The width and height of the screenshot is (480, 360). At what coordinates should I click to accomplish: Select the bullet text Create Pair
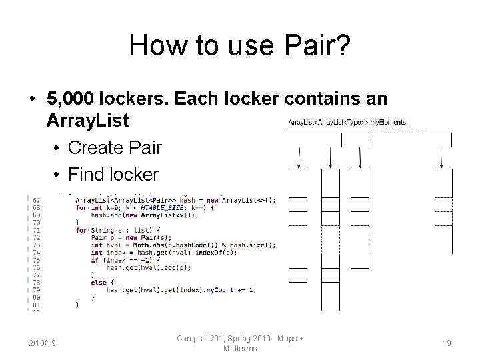click(113, 147)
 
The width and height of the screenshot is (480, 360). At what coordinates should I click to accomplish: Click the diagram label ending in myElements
click(347, 122)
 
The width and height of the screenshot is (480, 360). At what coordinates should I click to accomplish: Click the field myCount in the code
click(221, 289)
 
